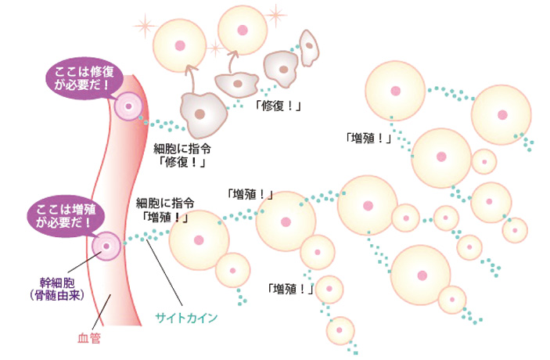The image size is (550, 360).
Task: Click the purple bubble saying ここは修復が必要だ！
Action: [x=82, y=77]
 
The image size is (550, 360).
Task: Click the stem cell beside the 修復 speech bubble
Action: [x=127, y=106]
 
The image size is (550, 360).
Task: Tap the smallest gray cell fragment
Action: [x=311, y=46]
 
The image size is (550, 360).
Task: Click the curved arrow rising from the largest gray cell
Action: [x=189, y=78]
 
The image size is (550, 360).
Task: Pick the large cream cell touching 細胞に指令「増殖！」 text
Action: [x=199, y=239]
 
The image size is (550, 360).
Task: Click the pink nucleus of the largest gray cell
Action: [x=202, y=113]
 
